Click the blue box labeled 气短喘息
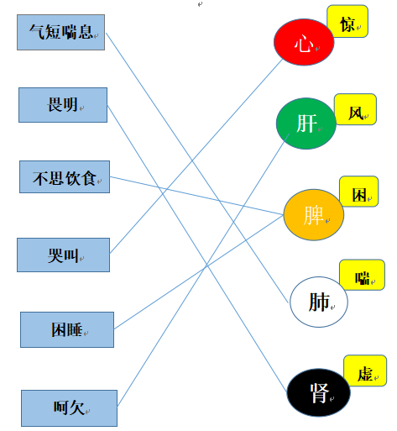[60, 33]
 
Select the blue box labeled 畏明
[63, 105]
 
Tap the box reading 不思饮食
[65, 176]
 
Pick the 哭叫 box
[63, 255]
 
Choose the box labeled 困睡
[67, 329]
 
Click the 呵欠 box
[69, 408]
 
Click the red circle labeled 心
[304, 42]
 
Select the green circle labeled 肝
[306, 124]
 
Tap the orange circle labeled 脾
[314, 215]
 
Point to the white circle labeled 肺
[319, 302]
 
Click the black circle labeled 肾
[319, 392]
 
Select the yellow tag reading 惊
[347, 21]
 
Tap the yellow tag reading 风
[355, 109]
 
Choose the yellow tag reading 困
[359, 192]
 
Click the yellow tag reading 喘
[363, 275]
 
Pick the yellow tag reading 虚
[365, 371]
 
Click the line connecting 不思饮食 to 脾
[196, 196]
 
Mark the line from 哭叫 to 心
[196, 156]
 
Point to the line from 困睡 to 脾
[199, 272]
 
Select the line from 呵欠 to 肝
[203, 270]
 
